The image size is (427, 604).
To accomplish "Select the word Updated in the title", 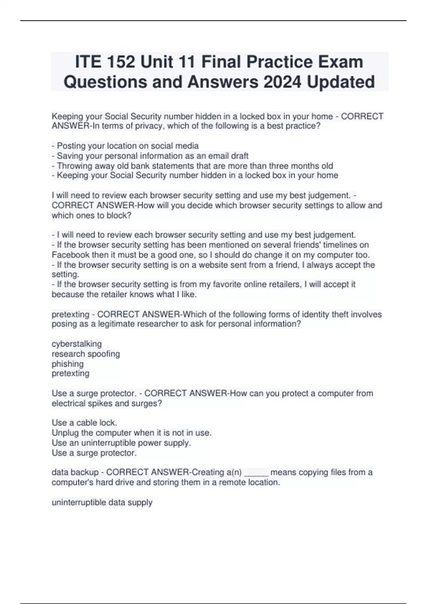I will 341,82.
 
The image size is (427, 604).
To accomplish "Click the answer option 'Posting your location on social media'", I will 125,146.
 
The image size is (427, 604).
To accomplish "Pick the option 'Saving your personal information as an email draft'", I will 150,156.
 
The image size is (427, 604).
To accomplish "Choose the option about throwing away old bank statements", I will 193,166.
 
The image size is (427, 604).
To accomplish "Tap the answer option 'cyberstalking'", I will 77,344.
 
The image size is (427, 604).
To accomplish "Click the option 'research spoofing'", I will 86,354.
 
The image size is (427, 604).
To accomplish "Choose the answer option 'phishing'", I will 68,364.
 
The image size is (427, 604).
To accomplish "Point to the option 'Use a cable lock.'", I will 84,423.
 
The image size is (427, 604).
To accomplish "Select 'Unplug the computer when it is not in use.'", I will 132,433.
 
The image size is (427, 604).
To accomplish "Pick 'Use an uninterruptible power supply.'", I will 121,443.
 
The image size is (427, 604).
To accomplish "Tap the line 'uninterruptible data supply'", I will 102,502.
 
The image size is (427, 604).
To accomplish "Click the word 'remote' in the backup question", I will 232,482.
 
